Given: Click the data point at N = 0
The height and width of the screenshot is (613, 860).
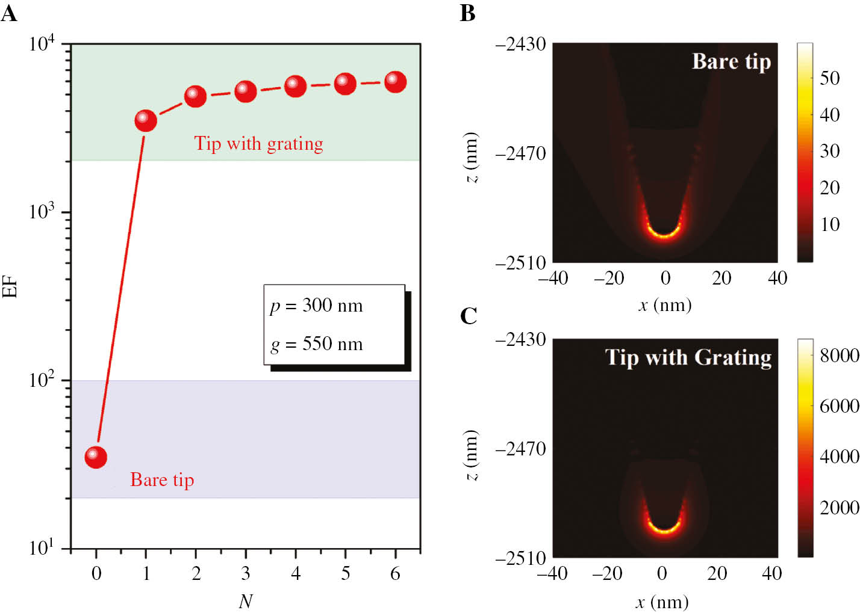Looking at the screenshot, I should [x=96, y=457].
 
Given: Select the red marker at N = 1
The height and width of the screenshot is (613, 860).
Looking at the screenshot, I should [x=146, y=120].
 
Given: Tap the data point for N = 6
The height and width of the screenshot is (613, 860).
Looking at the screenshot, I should [x=395, y=82].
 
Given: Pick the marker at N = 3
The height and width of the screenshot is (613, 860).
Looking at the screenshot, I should [x=246, y=91].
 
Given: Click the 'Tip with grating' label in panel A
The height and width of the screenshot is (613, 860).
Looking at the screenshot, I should [x=258, y=144].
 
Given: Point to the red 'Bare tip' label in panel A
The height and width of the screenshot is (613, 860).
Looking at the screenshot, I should [x=162, y=480].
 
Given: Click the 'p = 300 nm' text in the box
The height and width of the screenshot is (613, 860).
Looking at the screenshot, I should [x=316, y=306].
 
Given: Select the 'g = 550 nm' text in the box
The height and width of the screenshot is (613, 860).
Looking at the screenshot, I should [x=316, y=344].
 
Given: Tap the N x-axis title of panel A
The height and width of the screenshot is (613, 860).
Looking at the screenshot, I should [x=245, y=601].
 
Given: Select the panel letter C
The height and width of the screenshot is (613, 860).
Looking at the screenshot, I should [x=468, y=316].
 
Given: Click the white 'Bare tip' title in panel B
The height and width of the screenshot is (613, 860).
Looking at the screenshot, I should [x=731, y=62].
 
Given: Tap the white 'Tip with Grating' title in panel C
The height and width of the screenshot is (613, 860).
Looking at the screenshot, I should [x=688, y=357].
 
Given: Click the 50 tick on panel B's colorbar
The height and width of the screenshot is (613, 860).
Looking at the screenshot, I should [x=829, y=78].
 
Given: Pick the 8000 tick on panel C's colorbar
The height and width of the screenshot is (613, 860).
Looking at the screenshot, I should [x=839, y=355].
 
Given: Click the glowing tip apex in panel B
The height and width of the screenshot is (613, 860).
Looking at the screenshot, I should [x=664, y=235].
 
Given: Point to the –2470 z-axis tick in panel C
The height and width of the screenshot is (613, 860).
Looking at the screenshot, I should [x=520, y=449].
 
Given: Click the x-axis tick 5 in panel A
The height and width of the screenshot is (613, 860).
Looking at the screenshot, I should [x=345, y=573].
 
